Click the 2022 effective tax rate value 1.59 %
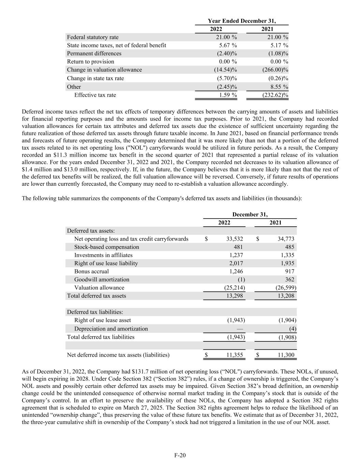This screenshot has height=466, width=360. [x=228, y=95]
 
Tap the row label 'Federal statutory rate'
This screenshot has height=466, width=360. [x=93, y=37]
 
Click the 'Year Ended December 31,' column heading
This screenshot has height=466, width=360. [x=242, y=21]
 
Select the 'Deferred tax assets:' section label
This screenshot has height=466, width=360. [x=91, y=231]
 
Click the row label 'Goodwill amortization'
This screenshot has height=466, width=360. [x=102, y=280]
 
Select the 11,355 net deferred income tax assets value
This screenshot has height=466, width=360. [x=235, y=355]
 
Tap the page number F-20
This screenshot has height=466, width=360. [x=180, y=455]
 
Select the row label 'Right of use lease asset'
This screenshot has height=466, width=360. [x=102, y=320]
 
